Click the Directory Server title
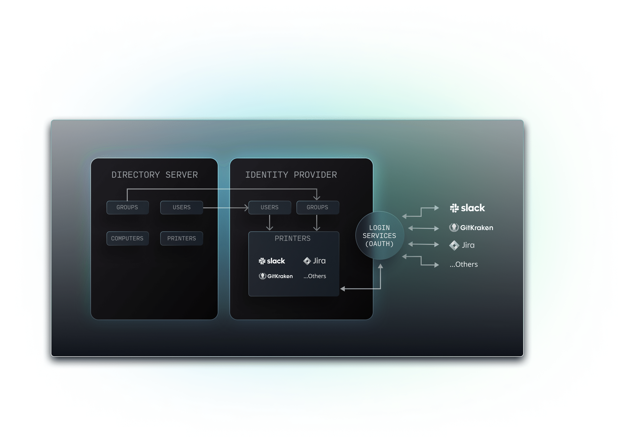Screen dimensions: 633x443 154,175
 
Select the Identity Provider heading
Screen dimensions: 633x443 291,175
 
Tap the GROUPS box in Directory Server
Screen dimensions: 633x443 127,207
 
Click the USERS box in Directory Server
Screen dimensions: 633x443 181,207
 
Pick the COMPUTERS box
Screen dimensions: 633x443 127,238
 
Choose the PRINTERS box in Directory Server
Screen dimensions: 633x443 181,238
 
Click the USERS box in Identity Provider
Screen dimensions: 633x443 270,207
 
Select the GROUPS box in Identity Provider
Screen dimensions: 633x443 318,207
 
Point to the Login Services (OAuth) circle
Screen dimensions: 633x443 380,235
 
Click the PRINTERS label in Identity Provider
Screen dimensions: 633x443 292,238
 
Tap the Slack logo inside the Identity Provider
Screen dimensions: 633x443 271,261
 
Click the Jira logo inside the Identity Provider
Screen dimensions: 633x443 314,261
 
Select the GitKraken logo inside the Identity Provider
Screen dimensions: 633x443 276,276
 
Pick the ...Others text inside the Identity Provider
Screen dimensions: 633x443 315,276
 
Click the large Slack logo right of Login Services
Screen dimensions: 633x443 467,208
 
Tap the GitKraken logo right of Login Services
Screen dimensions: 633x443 471,227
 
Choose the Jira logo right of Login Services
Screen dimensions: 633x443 462,245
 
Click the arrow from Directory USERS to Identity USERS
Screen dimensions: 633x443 226,208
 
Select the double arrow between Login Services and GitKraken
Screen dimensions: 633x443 423,228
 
